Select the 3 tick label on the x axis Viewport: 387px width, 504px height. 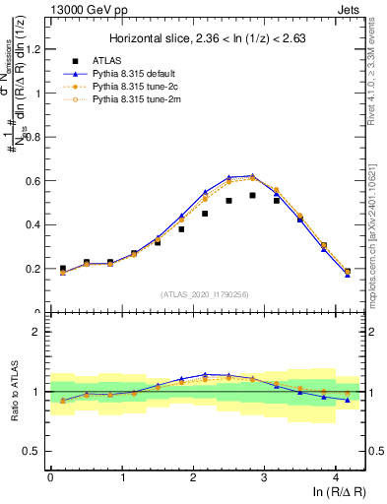[264, 478]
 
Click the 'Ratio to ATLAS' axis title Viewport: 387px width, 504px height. [13, 391]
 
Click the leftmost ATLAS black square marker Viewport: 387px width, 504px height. [63, 268]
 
